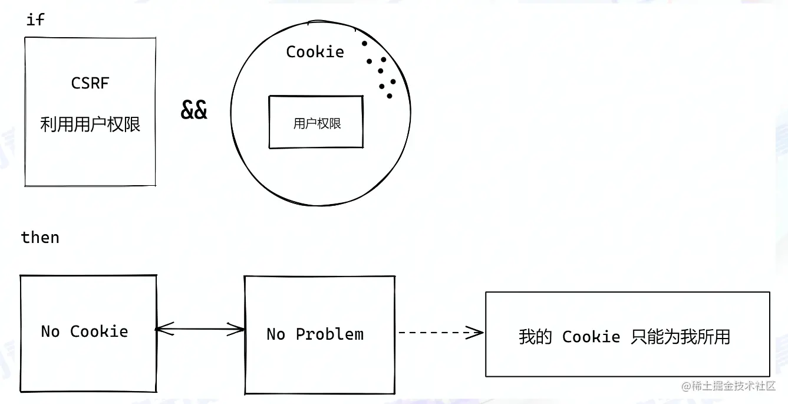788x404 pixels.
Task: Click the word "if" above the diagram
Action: pyautogui.click(x=35, y=19)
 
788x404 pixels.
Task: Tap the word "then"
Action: pyautogui.click(x=40, y=238)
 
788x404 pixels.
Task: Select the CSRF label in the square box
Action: pyautogui.click(x=90, y=83)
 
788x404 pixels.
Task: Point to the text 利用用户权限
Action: pyautogui.click(x=90, y=124)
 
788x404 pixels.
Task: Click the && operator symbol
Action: pyautogui.click(x=194, y=110)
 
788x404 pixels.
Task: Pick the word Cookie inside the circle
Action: pyautogui.click(x=315, y=52)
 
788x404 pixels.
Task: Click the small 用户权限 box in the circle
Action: pyautogui.click(x=316, y=123)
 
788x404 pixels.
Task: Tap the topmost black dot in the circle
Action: pyautogui.click(x=364, y=44)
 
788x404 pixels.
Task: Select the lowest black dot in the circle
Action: pyautogui.click(x=390, y=96)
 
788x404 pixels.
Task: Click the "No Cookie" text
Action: pyautogui.click(x=84, y=331)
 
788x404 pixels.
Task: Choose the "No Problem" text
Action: pyautogui.click(x=315, y=334)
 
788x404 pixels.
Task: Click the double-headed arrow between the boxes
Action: pyautogui.click(x=200, y=329)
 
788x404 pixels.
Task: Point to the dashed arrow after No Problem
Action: pyautogui.click(x=439, y=333)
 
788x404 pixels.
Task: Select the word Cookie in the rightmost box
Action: pyautogui.click(x=591, y=337)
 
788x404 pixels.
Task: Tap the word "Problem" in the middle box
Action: pyautogui.click(x=329, y=334)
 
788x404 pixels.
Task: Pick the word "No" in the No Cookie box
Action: pyautogui.click(x=50, y=331)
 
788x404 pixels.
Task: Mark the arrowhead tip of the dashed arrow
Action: pyautogui.click(x=482, y=333)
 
